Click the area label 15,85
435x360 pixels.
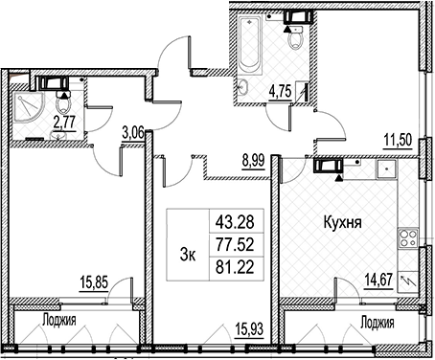pos(94,282)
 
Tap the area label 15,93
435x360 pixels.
pos(249,328)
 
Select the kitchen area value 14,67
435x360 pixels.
pos(379,281)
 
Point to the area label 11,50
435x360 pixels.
pos(398,140)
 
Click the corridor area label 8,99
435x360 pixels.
pos(254,161)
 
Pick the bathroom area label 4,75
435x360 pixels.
pos(281,92)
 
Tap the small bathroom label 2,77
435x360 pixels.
pos(64,123)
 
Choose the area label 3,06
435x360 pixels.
pos(133,133)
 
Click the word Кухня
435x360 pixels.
pos(343,222)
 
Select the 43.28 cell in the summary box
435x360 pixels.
pos(235,221)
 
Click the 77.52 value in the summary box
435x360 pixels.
pos(235,245)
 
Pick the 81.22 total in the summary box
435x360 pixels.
pos(235,268)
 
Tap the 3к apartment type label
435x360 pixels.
pos(188,255)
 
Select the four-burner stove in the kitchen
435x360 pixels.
pos(408,237)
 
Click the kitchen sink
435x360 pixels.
pos(386,169)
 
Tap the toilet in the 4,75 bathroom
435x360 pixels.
pos(295,37)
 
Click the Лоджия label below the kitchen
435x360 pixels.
pos(377,324)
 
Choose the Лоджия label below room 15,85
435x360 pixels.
pos(59,320)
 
